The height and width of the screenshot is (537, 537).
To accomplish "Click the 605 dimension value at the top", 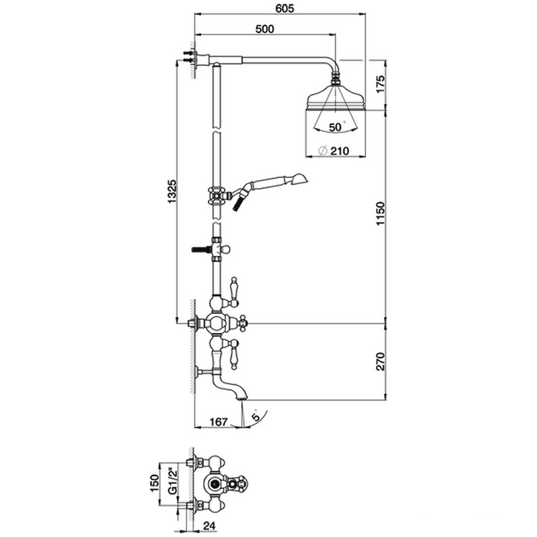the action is click(285, 8).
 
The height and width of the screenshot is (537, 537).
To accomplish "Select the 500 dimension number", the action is click(265, 29).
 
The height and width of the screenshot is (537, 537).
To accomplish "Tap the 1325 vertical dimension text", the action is click(172, 191).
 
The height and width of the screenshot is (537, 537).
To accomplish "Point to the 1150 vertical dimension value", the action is click(381, 214).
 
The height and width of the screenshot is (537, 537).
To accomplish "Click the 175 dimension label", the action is click(381, 83).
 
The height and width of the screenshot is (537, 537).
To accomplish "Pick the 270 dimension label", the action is click(381, 361).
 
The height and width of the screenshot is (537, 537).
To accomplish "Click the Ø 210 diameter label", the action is click(334, 150).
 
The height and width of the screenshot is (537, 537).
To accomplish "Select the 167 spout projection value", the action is click(218, 422).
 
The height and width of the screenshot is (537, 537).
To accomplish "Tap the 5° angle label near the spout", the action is click(256, 416).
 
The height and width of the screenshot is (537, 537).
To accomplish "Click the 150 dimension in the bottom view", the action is click(155, 483).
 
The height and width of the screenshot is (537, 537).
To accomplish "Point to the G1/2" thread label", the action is click(173, 483).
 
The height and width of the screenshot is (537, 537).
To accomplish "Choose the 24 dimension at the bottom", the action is click(209, 525).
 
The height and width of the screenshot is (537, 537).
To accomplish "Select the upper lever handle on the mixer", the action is click(234, 290).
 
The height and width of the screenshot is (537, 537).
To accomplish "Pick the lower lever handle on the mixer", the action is click(234, 354).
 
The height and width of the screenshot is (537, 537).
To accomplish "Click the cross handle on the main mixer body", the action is click(242, 322).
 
